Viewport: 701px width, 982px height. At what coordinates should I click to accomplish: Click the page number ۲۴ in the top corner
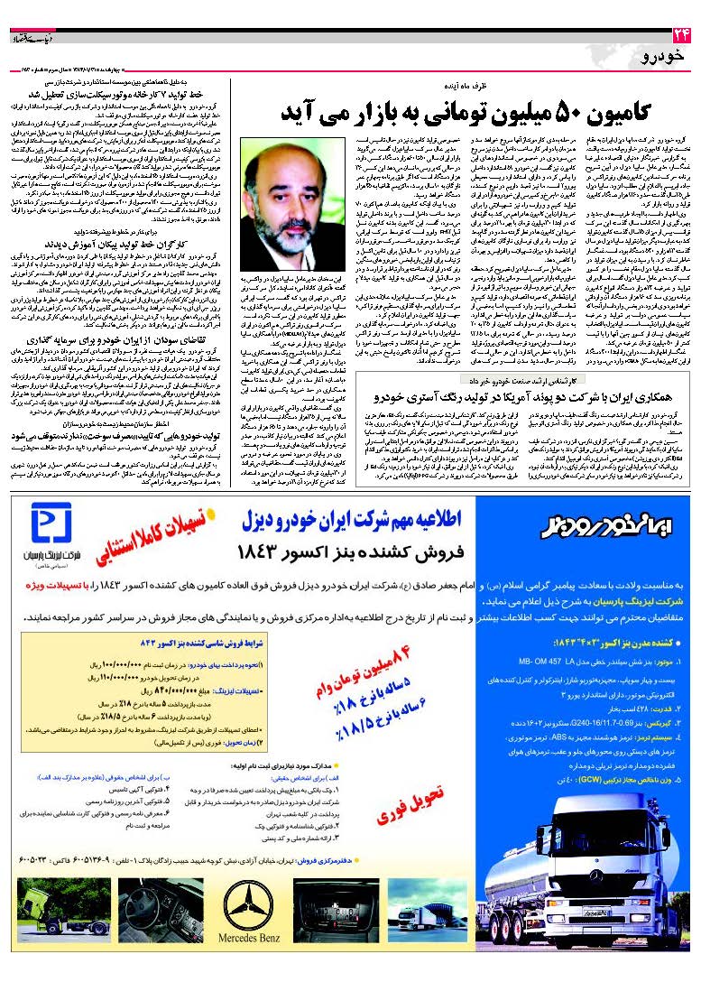click(680, 36)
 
